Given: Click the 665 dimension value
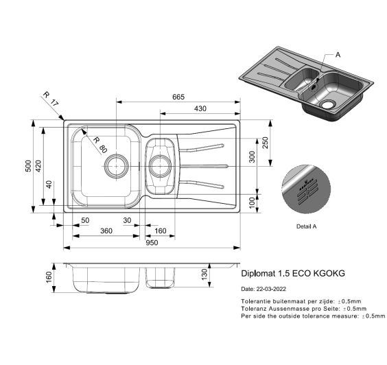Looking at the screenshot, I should click(178, 97).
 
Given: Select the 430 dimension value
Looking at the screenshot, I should click(200, 109).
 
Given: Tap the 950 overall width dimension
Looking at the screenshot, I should click(152, 242).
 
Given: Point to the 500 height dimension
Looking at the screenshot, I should click(28, 167).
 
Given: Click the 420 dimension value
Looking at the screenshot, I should click(40, 167).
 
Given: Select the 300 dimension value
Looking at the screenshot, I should click(252, 158).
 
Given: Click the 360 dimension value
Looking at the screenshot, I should click(106, 231).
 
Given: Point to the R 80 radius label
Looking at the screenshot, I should click(99, 145).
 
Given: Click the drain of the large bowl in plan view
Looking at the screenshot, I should click(115, 165).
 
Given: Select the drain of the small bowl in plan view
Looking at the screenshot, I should click(160, 165).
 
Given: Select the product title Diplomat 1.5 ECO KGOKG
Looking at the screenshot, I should click(293, 273).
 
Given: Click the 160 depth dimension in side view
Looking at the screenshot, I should click(49, 276).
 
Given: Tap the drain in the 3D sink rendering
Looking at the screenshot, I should click(327, 104).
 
